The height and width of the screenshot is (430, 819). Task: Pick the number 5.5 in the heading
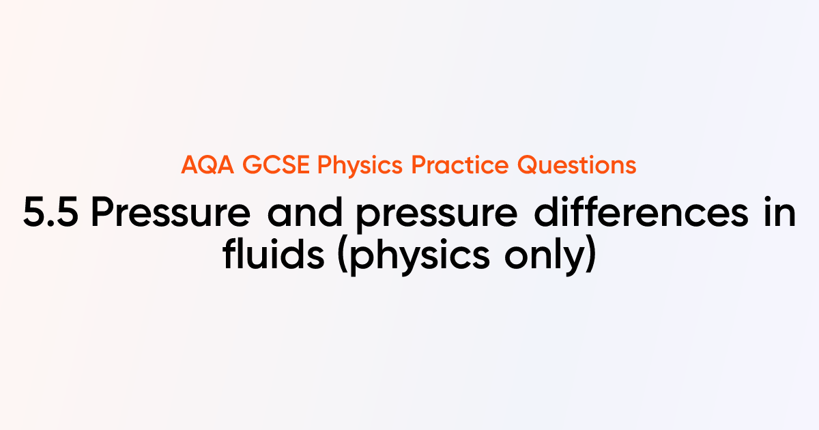pyautogui.click(x=52, y=215)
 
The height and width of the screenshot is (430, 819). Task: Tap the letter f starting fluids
pyautogui.click(x=229, y=255)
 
